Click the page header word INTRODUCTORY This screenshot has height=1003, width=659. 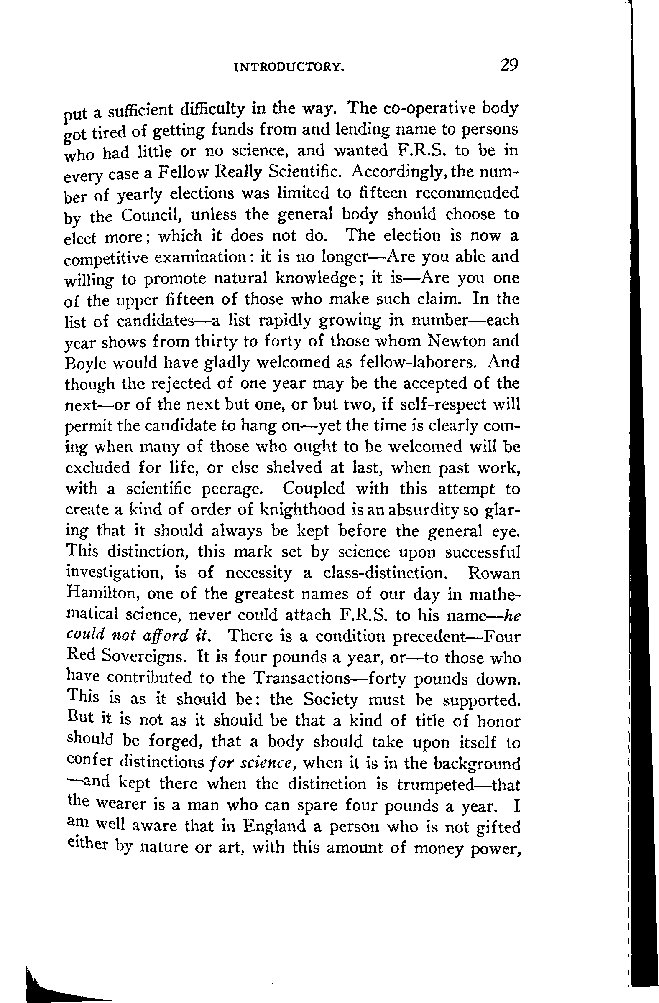tap(289, 67)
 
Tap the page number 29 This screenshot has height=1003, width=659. tap(509, 65)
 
